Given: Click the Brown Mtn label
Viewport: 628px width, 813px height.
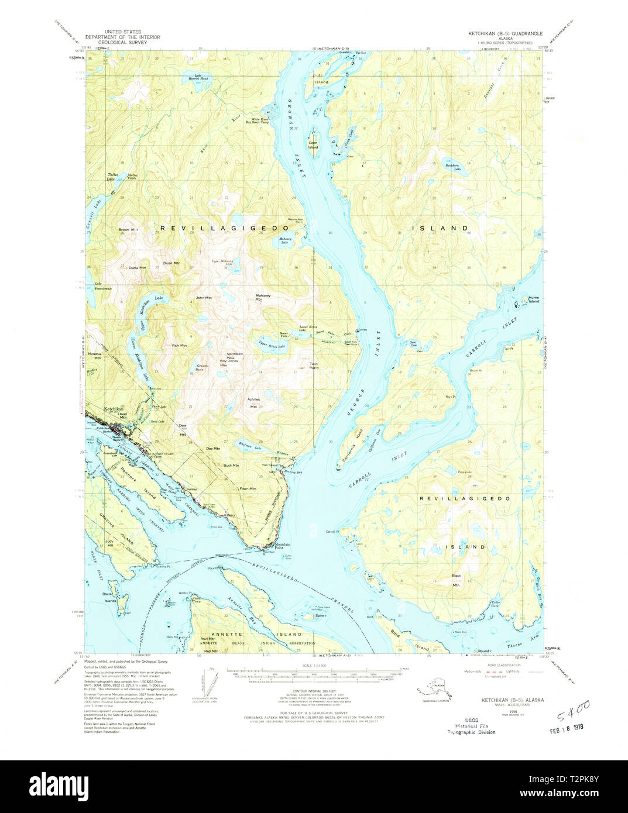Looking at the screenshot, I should (128, 229).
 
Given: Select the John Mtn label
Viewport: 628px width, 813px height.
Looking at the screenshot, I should (204, 298).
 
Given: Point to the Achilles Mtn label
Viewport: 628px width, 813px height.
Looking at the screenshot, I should (253, 404).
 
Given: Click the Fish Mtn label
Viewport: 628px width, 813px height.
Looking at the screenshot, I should (179, 346).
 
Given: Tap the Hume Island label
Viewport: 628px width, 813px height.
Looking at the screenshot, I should (533, 299).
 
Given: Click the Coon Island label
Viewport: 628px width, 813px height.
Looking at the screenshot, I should (313, 144).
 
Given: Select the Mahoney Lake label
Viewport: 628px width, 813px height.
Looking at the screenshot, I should (285, 240).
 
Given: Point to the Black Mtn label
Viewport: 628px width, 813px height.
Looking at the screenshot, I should (457, 579).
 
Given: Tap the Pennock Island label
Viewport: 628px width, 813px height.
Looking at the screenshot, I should (139, 481).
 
